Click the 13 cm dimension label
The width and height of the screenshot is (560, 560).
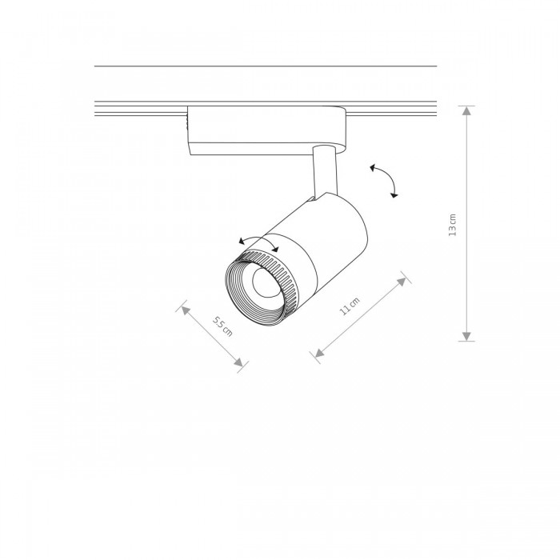click(x=453, y=225)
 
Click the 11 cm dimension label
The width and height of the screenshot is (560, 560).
click(x=349, y=306)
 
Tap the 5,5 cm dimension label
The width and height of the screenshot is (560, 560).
click(x=222, y=326)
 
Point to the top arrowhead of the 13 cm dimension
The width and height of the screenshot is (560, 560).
click(x=466, y=110)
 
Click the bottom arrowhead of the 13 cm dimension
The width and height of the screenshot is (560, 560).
click(x=466, y=337)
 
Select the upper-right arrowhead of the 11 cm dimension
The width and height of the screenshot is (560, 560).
click(x=402, y=282)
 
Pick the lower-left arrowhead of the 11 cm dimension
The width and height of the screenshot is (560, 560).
click(x=319, y=353)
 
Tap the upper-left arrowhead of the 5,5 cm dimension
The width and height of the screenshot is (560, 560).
click(x=185, y=310)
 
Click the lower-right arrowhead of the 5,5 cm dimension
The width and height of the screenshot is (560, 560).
click(x=238, y=362)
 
